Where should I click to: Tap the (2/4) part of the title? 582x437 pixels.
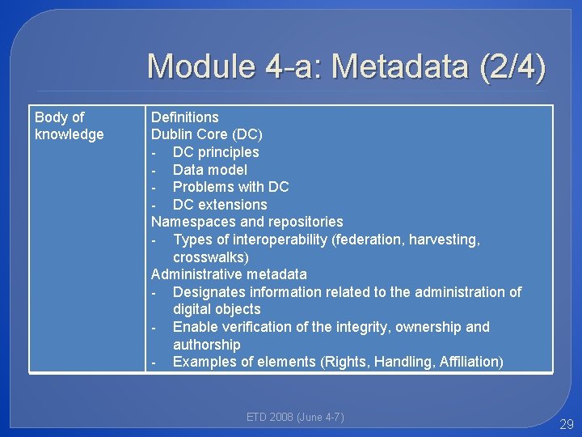point(512,66)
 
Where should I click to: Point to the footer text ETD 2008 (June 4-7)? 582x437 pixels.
point(295,418)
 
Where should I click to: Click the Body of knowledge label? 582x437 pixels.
point(69,126)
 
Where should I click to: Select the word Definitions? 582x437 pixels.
point(184,117)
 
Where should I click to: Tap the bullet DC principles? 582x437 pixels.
point(215,152)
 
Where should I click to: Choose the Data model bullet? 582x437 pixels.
point(209,170)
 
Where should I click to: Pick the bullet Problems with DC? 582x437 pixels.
point(230,187)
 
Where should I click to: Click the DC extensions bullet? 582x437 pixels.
point(219,205)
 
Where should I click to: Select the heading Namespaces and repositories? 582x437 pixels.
point(247,222)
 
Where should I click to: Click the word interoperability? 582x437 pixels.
point(276,240)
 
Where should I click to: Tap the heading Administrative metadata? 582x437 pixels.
point(229,274)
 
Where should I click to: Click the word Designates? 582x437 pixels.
point(209,292)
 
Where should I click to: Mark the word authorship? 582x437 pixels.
point(206,345)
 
